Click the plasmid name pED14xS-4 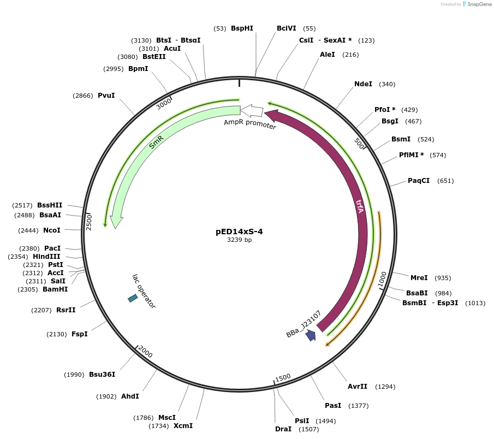[x=239, y=231]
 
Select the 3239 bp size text [x=239, y=240]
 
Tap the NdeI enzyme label [x=363, y=84]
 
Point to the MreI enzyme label [x=419, y=278]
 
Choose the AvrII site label [x=357, y=387]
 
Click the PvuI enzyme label [x=106, y=96]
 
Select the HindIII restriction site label [x=46, y=257]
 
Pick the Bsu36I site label [x=102, y=375]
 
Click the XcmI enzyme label [x=183, y=426]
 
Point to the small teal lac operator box [x=133, y=298]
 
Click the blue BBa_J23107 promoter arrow [x=311, y=335]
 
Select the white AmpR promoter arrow [x=252, y=111]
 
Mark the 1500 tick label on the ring [x=283, y=378]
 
